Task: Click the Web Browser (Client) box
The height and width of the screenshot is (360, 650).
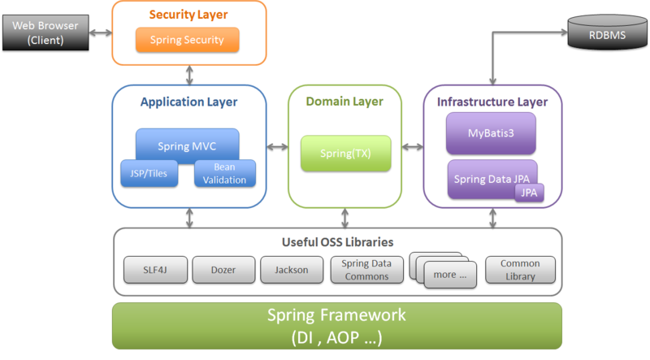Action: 45,33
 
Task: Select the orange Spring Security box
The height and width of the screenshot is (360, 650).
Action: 187,39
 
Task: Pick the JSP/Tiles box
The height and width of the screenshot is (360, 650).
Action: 149,172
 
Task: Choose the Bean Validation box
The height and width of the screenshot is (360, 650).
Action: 224,173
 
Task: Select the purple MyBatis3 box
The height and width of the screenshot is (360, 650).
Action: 491,133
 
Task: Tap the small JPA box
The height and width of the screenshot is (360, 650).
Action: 529,193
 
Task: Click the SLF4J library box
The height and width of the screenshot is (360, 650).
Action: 156,269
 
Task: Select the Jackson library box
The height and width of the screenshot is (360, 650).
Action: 291,269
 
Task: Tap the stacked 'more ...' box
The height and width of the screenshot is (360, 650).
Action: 444,274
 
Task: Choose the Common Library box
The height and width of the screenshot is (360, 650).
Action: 519,270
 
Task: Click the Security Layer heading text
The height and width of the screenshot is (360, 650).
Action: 188,15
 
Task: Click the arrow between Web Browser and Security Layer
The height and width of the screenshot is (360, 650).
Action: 101,33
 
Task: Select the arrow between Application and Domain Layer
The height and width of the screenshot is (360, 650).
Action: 278,146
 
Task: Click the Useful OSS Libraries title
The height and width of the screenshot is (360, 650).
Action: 336,241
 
